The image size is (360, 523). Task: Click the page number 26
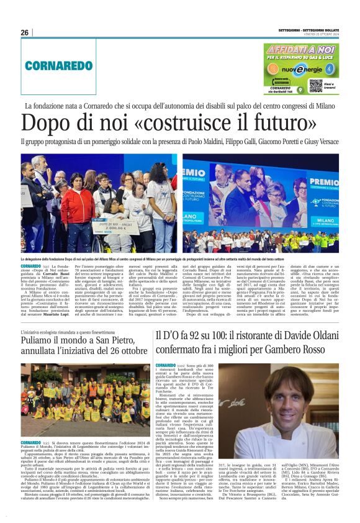click(24, 32)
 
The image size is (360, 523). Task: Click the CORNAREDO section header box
click(68, 65)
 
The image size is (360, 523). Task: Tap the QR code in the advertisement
click(315, 84)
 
